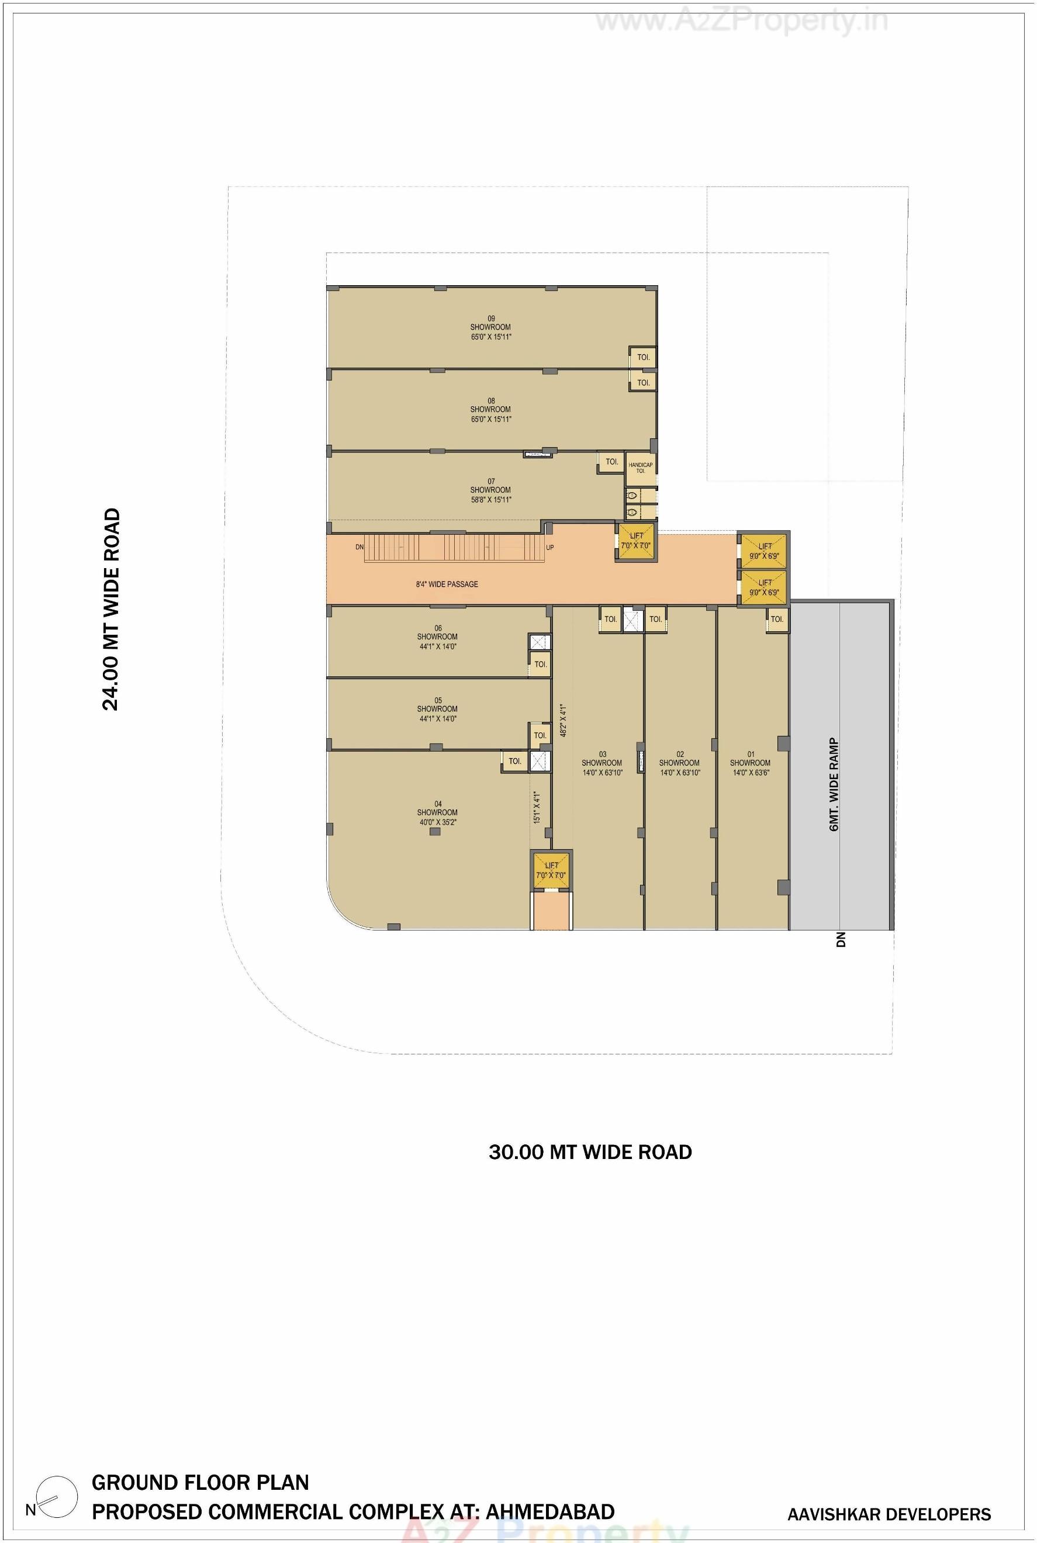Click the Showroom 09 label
490,327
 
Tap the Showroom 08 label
490,410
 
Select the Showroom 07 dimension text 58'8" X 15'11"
490,500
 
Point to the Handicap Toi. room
640,468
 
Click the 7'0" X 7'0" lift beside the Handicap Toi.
635,541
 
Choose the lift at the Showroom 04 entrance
552,870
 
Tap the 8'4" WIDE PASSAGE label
447,584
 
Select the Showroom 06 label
437,637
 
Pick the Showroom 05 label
437,710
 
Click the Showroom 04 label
437,813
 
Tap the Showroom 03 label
602,763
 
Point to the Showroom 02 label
680,763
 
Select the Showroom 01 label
751,763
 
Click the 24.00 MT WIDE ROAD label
111,609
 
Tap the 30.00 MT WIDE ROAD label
590,1153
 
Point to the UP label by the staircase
550,548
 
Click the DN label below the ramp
841,939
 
